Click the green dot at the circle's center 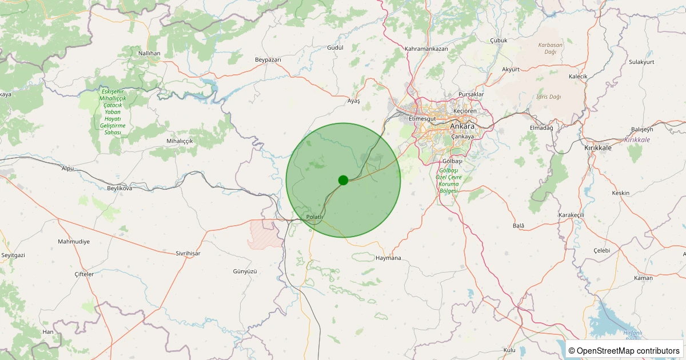[x=343, y=180]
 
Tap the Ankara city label [x=462, y=126]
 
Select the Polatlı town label [x=315, y=217]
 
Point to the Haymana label [x=389, y=258]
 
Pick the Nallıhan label [x=149, y=53]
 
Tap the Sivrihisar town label [x=188, y=253]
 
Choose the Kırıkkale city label [x=598, y=147]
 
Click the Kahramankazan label [x=426, y=49]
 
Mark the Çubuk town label [x=499, y=40]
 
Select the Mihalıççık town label [x=180, y=141]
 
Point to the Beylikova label [x=119, y=188]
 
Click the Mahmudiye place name [x=74, y=242]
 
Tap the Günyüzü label [x=246, y=271]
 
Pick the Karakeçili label [x=571, y=215]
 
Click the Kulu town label [x=509, y=350]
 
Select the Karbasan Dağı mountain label [x=551, y=48]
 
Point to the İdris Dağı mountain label [x=549, y=97]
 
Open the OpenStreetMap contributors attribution [x=624, y=350]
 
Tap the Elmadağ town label [x=542, y=128]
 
